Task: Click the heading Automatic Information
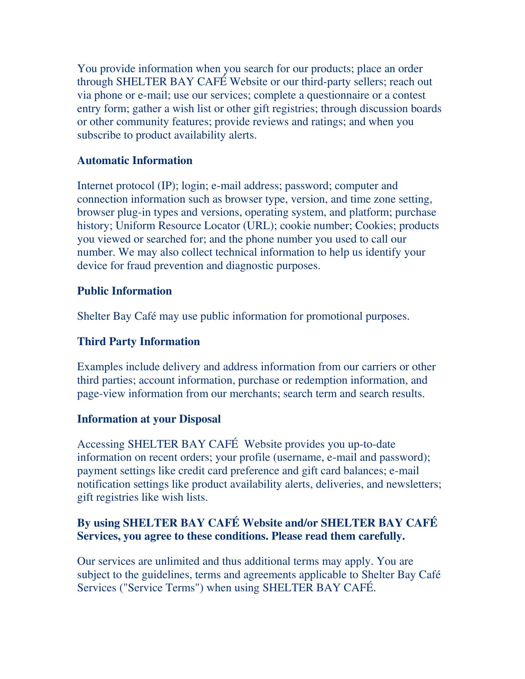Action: click(135, 161)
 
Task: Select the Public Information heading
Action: click(125, 291)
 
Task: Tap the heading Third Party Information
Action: click(138, 342)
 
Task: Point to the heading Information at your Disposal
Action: click(149, 419)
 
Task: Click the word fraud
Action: click(138, 266)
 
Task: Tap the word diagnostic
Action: click(249, 266)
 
